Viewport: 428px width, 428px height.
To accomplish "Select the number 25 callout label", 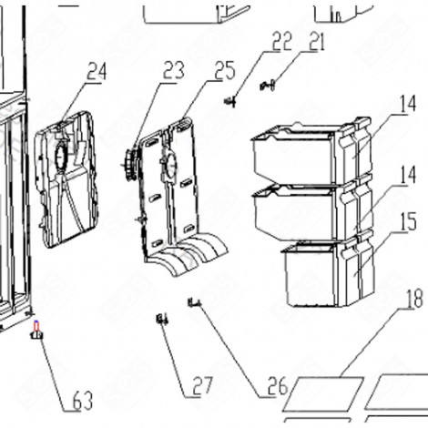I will click(x=224, y=70).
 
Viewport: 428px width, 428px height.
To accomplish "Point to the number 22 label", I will click(x=280, y=41).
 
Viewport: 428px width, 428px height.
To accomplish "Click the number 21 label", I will click(x=316, y=41).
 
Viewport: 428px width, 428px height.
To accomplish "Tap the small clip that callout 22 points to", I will click(x=232, y=100).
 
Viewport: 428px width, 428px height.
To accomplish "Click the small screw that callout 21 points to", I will click(x=266, y=87).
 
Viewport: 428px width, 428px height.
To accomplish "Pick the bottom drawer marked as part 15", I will click(x=319, y=273).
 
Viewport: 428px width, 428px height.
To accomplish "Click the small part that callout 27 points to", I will click(x=162, y=319).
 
